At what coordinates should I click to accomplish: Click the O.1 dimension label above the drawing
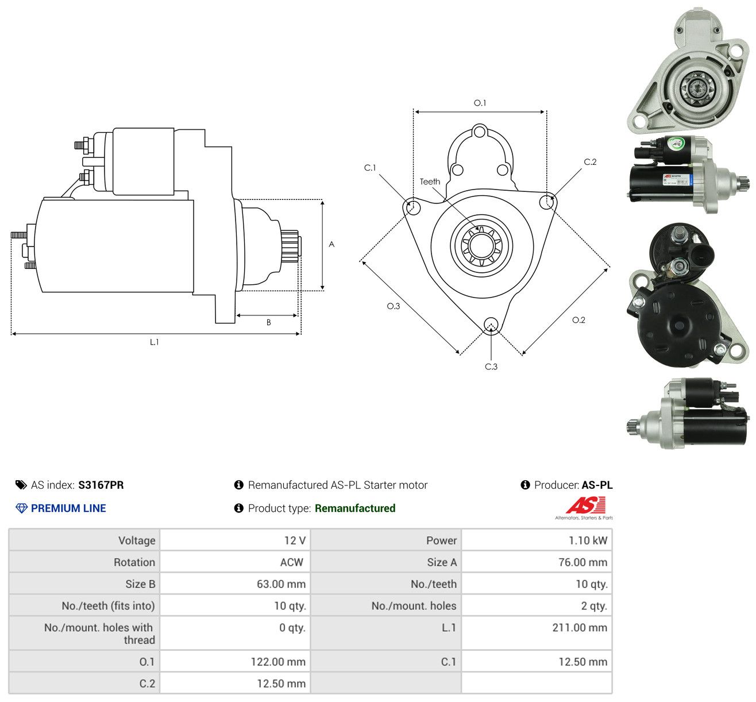tap(480, 103)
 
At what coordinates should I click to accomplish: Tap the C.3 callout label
tap(491, 367)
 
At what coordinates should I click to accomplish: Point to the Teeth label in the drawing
tap(430, 182)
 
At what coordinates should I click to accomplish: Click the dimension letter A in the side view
tap(331, 244)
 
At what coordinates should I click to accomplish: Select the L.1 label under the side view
tap(154, 342)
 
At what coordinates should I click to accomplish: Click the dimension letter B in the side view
tap(269, 322)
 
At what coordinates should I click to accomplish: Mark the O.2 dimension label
tap(578, 320)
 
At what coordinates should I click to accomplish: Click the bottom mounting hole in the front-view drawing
tap(491, 325)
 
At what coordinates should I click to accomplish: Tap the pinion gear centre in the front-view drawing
tap(481, 245)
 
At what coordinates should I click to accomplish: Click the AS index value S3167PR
tap(101, 485)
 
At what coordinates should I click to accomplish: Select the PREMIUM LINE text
tap(68, 508)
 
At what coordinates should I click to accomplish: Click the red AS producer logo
tap(584, 508)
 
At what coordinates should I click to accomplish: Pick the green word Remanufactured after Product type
tap(355, 508)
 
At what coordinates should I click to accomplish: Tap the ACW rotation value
tap(292, 562)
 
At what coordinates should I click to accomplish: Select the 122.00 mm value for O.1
tap(278, 662)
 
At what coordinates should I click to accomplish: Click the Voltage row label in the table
tap(137, 541)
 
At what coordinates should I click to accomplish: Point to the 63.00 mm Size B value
tap(281, 584)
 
